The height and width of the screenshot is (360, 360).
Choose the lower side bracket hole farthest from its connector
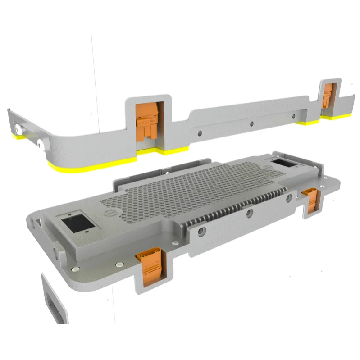click(201, 232)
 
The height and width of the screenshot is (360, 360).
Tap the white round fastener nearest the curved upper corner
click(41, 143)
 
